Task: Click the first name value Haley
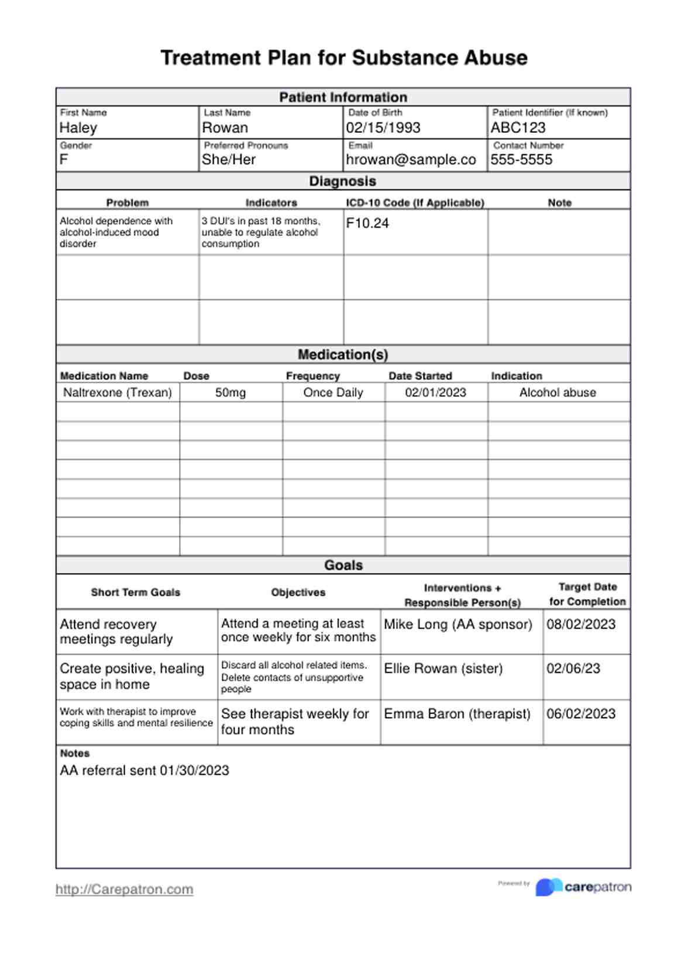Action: [78, 128]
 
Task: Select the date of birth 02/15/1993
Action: [383, 128]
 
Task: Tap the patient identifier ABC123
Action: [518, 128]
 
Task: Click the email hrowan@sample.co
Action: [411, 159]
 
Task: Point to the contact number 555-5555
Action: [521, 159]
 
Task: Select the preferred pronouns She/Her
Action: [229, 159]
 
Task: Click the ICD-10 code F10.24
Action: [367, 223]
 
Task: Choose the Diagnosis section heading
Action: [343, 181]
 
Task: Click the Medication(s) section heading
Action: [343, 354]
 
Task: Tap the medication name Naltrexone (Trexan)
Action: [118, 392]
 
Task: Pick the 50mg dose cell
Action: [231, 392]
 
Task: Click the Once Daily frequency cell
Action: [333, 392]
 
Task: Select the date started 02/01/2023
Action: [436, 392]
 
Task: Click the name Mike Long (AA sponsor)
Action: [458, 624]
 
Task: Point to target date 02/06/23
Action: [573, 668]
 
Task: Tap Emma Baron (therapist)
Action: [457, 713]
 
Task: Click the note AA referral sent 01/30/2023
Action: [145, 770]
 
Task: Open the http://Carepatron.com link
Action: [125, 889]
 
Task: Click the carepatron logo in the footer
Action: [583, 887]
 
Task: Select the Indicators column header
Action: [271, 203]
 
